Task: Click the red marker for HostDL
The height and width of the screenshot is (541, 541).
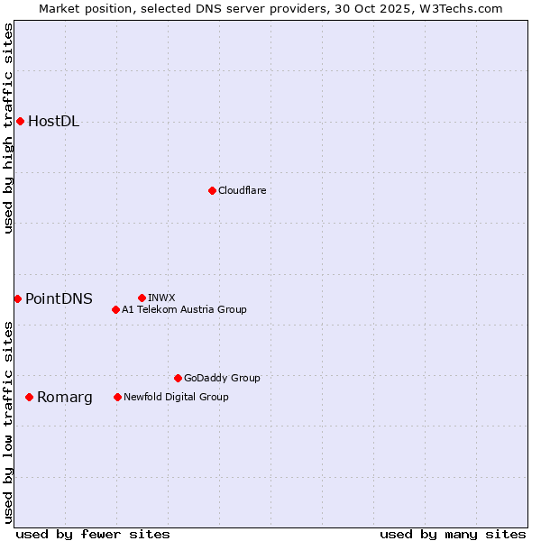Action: click(20, 121)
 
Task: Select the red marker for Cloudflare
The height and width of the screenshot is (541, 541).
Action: click(212, 190)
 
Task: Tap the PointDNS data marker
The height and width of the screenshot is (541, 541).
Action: click(17, 298)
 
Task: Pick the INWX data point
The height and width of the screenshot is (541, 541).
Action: click(142, 298)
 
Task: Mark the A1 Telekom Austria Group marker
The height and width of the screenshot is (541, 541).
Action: click(115, 309)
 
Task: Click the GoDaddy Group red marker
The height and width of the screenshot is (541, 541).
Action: click(178, 378)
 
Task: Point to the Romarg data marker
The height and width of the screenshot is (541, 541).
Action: click(29, 397)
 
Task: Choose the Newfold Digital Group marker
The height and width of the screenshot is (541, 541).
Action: click(117, 397)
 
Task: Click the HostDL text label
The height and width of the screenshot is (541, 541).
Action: click(53, 122)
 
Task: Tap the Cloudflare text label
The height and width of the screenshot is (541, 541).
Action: click(242, 190)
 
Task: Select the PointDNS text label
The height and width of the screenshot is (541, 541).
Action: click(59, 299)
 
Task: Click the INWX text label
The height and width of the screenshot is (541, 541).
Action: click(161, 298)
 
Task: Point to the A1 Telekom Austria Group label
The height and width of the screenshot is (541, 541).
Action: click(184, 309)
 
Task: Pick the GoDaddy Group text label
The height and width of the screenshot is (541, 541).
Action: click(222, 378)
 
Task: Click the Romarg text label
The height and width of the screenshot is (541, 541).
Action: click(64, 398)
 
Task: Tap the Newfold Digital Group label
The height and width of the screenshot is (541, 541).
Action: click(176, 397)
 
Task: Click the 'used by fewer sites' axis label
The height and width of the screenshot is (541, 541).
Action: click(93, 534)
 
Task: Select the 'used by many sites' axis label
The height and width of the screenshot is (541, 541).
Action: click(453, 534)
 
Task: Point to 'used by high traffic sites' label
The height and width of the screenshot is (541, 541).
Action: click(8, 128)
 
